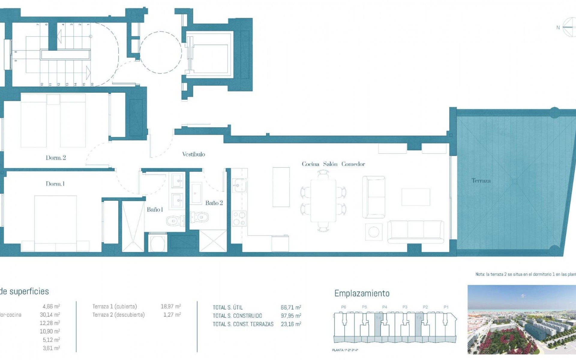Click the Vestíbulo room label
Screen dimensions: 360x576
(193, 154)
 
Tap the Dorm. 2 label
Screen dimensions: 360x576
(55, 158)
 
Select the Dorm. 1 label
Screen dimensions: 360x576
(55, 184)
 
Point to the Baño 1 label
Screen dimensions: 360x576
(155, 209)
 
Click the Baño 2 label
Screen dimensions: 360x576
(214, 203)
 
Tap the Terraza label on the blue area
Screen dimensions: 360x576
(481, 181)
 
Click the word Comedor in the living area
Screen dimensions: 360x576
(353, 164)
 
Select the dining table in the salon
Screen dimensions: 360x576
(323, 200)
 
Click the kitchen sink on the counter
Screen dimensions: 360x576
(239, 185)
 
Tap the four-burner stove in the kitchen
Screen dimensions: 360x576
(239, 218)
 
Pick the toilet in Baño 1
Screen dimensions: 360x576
(175, 221)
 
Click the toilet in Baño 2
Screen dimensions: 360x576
(200, 217)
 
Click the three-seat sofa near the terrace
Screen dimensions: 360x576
(415, 232)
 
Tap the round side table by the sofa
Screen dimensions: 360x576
(373, 232)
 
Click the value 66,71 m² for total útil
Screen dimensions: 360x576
(291, 307)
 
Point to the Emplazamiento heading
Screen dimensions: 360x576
(362, 293)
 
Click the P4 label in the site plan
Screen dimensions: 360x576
(385, 307)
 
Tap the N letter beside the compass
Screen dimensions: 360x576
(558, 28)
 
